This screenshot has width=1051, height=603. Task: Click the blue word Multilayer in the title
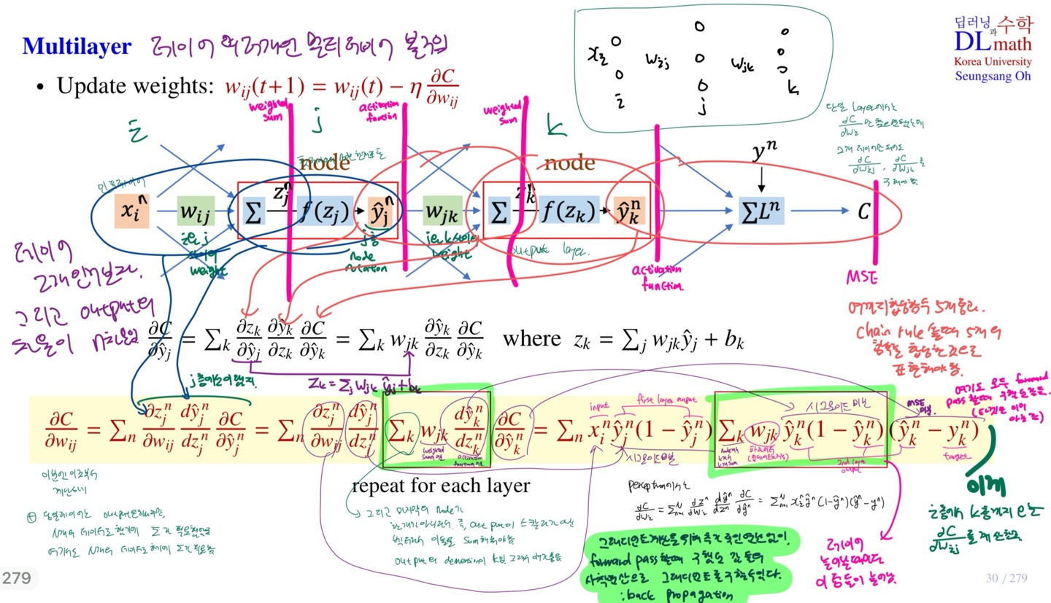pyautogui.click(x=77, y=47)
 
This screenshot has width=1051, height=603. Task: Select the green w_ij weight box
pyautogui.click(x=196, y=212)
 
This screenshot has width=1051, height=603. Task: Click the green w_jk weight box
pyautogui.click(x=442, y=212)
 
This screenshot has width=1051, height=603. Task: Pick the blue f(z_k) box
pyautogui.click(x=569, y=212)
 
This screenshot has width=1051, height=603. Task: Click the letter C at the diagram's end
pyautogui.click(x=863, y=212)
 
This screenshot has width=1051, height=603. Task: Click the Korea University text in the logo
pyautogui.click(x=993, y=62)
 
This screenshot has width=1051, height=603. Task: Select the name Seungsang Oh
pyautogui.click(x=993, y=76)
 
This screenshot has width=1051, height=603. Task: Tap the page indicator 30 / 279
pyautogui.click(x=1006, y=578)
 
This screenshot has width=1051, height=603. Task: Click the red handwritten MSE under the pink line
pyautogui.click(x=861, y=279)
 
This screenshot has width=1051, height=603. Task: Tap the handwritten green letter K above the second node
pyautogui.click(x=557, y=129)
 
